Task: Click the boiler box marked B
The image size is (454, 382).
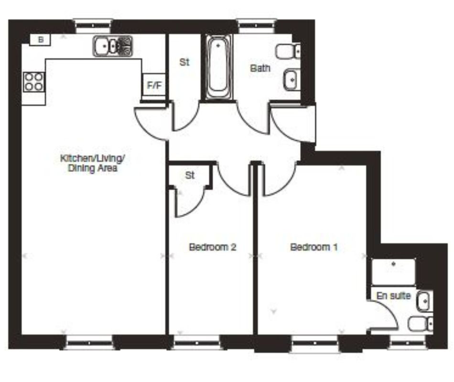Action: click(x=41, y=40)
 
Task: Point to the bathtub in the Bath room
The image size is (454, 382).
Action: click(x=219, y=67)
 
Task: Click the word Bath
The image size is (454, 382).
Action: click(x=260, y=68)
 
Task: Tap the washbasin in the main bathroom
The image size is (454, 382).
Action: click(x=291, y=80)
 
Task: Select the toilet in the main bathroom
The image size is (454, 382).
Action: click(x=289, y=50)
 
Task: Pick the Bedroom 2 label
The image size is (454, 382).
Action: click(x=213, y=247)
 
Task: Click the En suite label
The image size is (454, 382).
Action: click(x=394, y=296)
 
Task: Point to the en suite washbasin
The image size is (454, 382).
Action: click(x=423, y=301)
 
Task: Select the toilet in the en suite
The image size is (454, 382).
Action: click(x=421, y=323)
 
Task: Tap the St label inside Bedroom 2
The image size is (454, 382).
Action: click(x=190, y=175)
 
